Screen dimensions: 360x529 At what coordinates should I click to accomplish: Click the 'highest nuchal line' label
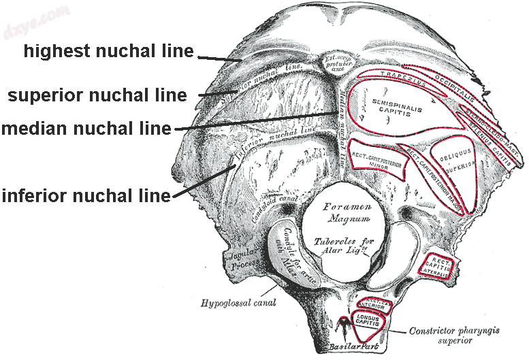tap(109, 51)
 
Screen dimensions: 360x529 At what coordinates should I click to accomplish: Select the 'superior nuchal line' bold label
tap(97, 95)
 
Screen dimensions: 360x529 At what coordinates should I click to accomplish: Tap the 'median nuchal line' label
tap(86, 128)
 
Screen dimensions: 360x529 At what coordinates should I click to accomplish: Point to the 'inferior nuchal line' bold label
tap(86, 196)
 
